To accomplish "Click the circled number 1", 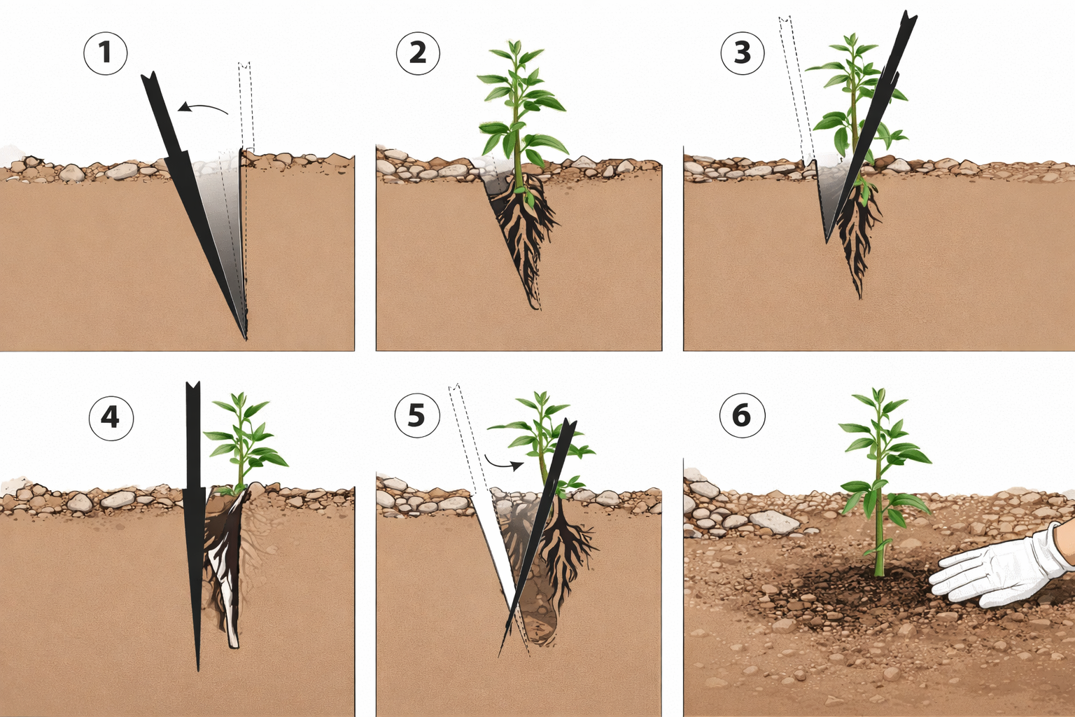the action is click(x=106, y=53).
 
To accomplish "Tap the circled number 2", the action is click(x=418, y=53).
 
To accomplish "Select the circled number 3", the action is click(x=743, y=53).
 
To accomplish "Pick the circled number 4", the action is click(x=111, y=418).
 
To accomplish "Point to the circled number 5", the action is click(x=417, y=415).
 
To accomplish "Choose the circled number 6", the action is click(x=743, y=415).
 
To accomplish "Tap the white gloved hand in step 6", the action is click(x=1003, y=566).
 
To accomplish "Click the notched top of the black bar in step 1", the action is click(x=150, y=77).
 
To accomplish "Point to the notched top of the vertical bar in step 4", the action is click(x=193, y=386).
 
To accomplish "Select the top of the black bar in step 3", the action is click(x=909, y=17).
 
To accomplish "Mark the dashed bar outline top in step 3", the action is click(x=785, y=20).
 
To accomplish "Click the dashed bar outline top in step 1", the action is click(x=245, y=65).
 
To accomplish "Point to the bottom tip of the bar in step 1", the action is click(x=246, y=339).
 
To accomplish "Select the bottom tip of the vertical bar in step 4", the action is click(x=197, y=669).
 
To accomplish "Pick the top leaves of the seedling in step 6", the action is click(x=878, y=398).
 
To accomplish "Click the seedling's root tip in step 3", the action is click(x=860, y=298).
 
